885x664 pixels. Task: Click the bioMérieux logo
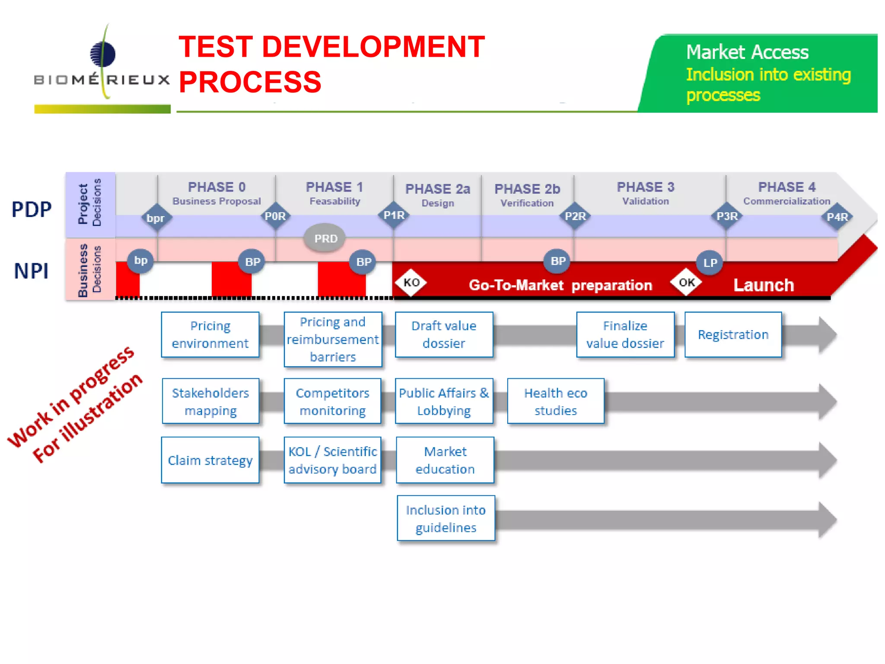tap(102, 65)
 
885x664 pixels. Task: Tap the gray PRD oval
tap(325, 238)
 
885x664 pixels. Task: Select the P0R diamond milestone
tap(275, 216)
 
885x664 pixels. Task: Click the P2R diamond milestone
tap(575, 216)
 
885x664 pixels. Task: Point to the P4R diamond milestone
tap(837, 217)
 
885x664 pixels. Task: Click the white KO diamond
tap(411, 283)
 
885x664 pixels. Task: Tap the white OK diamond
tap(686, 283)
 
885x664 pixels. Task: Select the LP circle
tap(710, 262)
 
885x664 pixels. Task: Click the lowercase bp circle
tap(140, 261)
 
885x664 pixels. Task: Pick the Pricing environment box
tap(210, 335)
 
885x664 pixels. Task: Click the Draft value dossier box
tap(444, 335)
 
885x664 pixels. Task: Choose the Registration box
tap(733, 335)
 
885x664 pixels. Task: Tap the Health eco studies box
tap(555, 401)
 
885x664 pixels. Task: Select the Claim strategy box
tap(210, 460)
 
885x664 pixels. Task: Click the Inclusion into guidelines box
tap(446, 518)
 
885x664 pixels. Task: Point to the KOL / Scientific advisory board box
tap(332, 460)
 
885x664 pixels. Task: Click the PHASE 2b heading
tap(527, 189)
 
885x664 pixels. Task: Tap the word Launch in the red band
tap(764, 285)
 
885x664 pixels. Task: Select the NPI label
tap(31, 271)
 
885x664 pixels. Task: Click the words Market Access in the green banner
tap(747, 52)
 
